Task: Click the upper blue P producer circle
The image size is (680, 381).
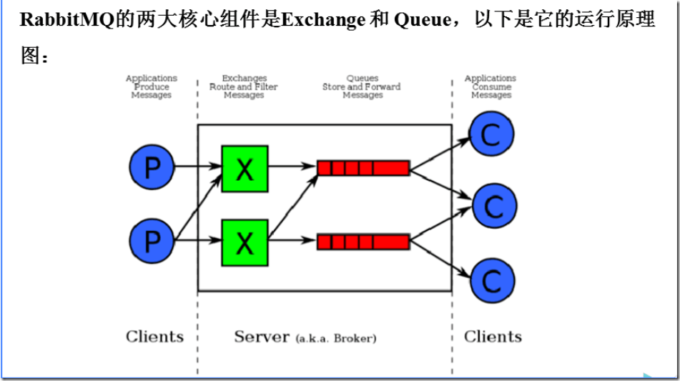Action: [152, 168]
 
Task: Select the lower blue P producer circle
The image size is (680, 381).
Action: [152, 242]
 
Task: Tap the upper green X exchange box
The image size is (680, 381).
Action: [245, 169]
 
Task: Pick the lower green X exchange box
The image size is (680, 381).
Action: [245, 242]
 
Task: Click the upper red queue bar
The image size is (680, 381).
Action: [363, 168]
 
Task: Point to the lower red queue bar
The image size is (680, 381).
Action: [363, 242]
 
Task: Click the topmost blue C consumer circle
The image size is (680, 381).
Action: [491, 134]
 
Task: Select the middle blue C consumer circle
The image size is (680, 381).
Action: [493, 207]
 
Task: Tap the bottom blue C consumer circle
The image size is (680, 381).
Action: [491, 279]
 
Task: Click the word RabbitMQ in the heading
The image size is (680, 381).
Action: [67, 20]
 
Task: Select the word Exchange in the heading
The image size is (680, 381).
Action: [323, 20]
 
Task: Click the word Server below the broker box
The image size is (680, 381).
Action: [262, 337]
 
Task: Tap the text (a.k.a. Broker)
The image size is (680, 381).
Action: [335, 338]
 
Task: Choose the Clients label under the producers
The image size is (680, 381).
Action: [154, 337]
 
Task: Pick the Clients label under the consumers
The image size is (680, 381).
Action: [493, 337]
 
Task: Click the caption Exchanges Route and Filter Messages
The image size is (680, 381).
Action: [244, 86]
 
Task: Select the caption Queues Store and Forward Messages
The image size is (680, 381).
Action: [362, 86]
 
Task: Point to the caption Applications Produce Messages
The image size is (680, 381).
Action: [152, 86]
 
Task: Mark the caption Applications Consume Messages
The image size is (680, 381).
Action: [491, 86]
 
